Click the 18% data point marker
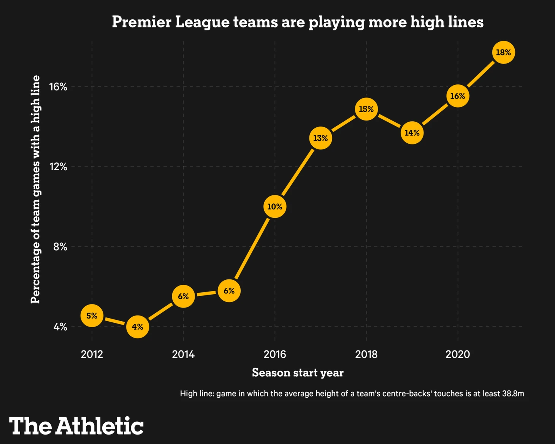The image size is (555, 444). point(503,52)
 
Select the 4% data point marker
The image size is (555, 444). point(138,327)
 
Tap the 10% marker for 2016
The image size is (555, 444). point(274,206)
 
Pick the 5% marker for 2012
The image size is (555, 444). point(92,316)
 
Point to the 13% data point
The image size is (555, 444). point(320,138)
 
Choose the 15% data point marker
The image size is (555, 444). point(366,109)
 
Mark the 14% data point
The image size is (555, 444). point(412,133)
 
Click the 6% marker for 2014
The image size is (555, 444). point(183,296)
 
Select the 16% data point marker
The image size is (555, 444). point(457,96)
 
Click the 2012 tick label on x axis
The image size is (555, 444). point(92,354)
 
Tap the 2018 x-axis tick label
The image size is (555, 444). point(366,354)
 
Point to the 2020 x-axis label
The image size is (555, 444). point(457,354)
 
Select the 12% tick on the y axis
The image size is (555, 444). point(58,166)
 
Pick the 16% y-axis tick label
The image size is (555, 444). point(58,87)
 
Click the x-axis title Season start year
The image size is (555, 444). point(298,373)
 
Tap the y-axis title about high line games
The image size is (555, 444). point(35,189)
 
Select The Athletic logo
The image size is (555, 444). point(76,426)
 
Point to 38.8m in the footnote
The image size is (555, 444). point(513,393)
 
